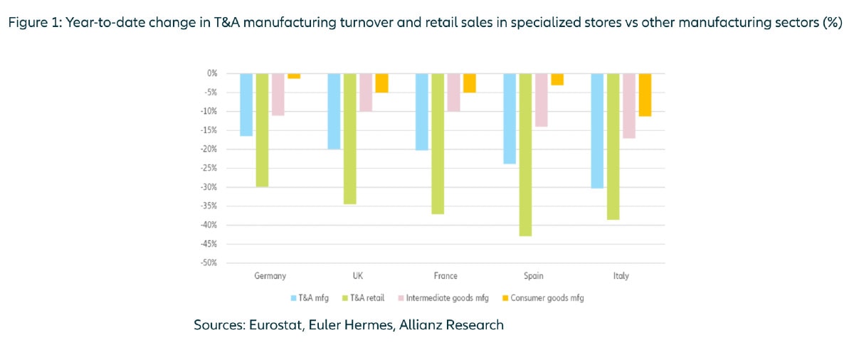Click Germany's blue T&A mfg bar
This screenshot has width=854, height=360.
point(246,104)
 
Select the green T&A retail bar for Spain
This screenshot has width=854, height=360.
point(526,154)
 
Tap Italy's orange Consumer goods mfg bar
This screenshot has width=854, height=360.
point(645,95)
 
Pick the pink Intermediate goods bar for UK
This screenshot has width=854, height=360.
point(365,92)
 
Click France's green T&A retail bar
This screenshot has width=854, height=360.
point(438,143)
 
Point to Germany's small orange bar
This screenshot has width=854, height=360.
point(294,76)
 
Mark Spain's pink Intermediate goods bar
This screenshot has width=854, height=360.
point(542,100)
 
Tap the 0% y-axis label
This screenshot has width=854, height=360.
point(211,73)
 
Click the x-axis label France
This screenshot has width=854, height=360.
point(446,276)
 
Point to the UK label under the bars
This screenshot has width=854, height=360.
point(357,276)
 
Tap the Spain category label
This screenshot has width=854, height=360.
point(533,276)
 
